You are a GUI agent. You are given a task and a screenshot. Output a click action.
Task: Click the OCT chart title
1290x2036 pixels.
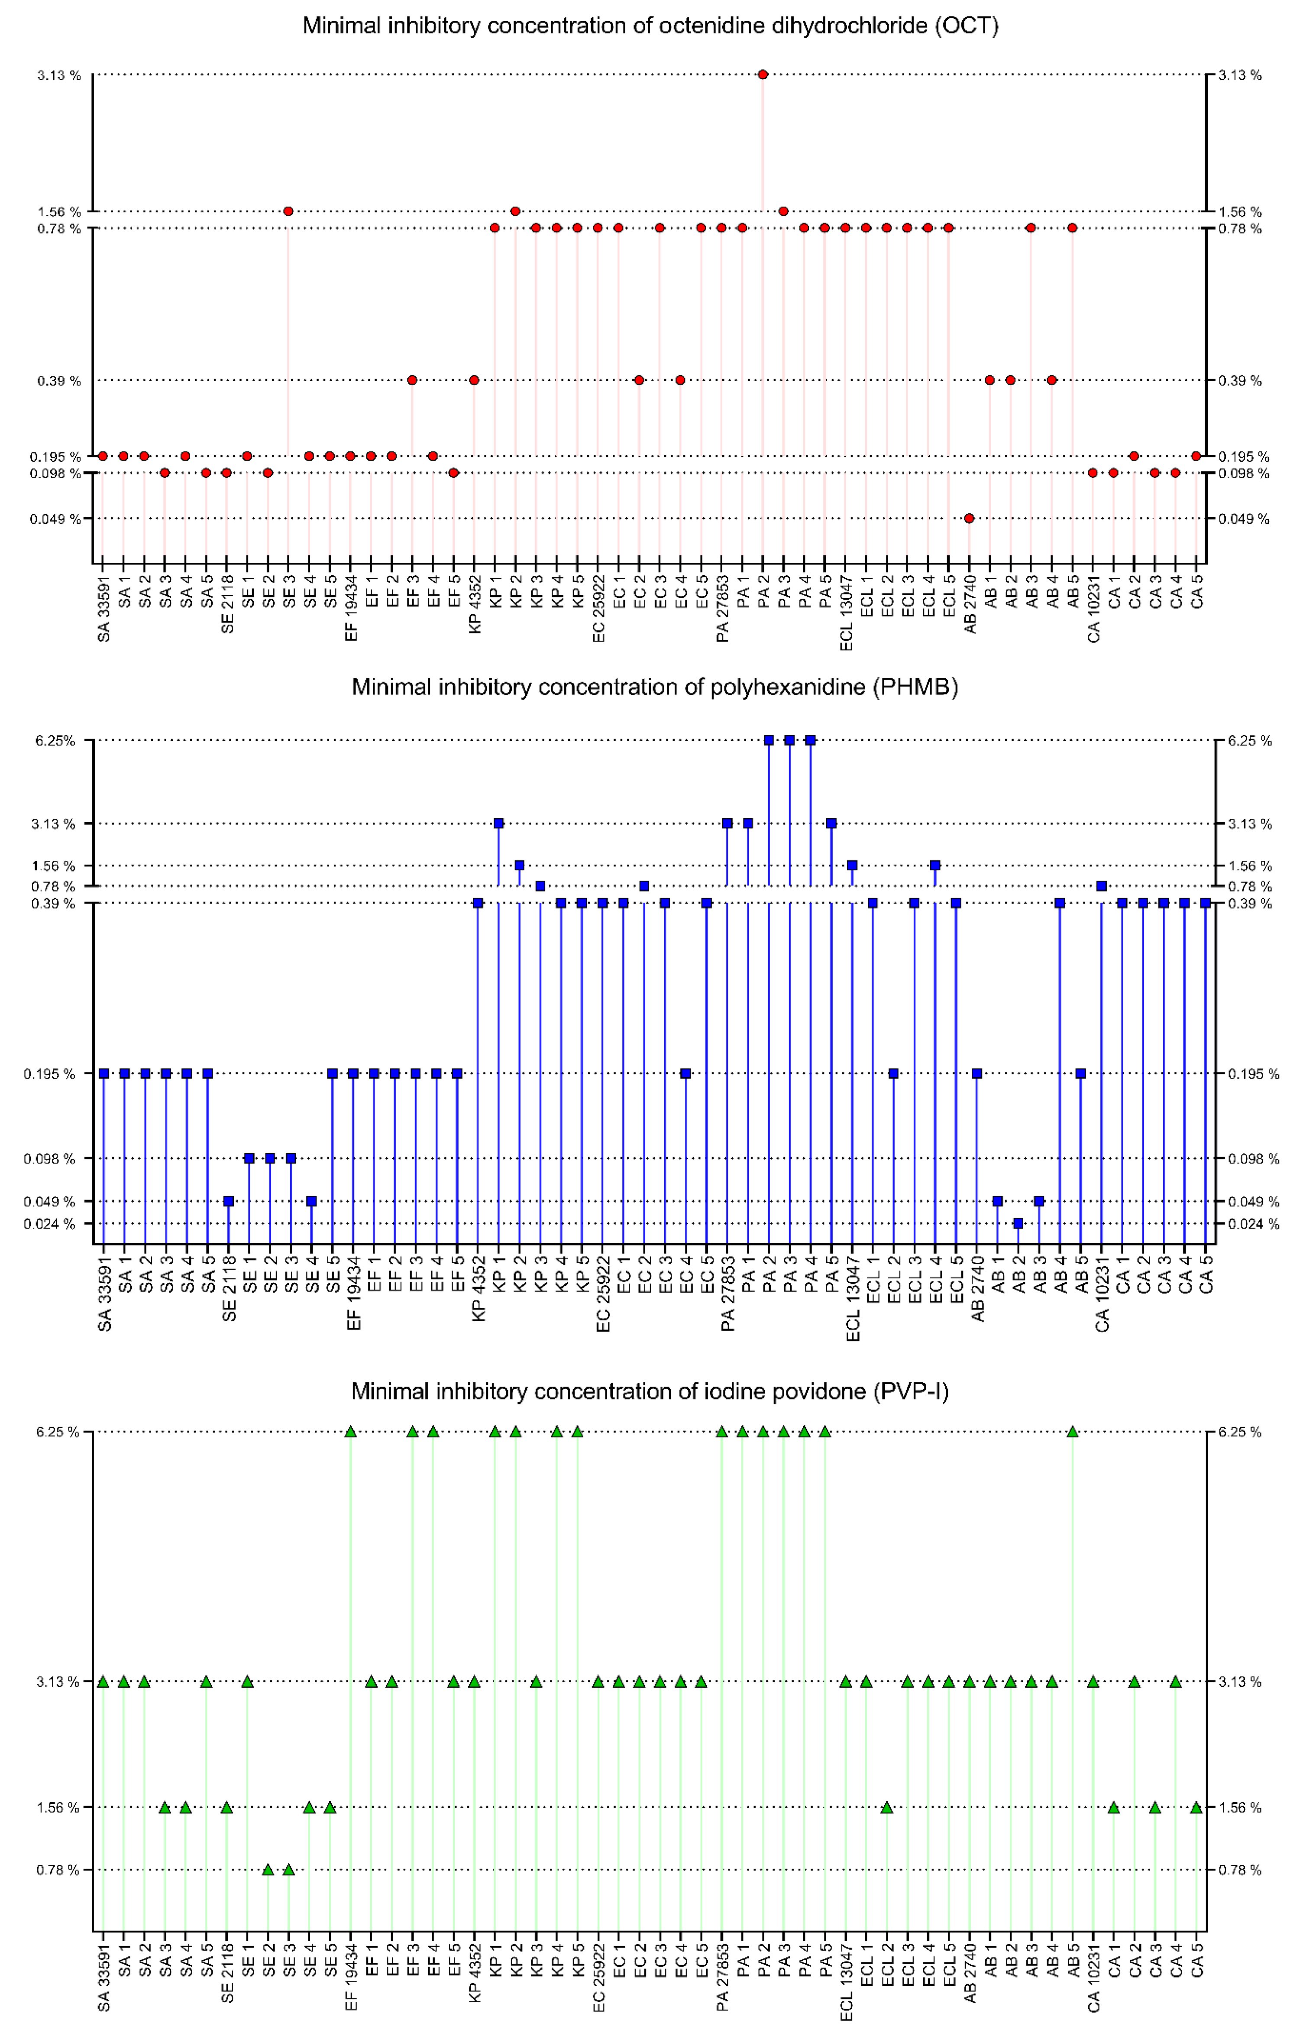pyautogui.click(x=650, y=26)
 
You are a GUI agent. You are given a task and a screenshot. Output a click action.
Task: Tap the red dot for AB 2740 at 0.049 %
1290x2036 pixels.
pyautogui.click(x=969, y=518)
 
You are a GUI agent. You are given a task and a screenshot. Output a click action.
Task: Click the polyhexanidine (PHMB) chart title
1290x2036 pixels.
pyautogui.click(x=654, y=687)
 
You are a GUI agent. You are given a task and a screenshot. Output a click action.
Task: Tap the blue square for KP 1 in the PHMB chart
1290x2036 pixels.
pyautogui.click(x=499, y=823)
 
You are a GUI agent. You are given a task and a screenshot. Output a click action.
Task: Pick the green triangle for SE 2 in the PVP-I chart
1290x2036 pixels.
pyautogui.click(x=268, y=1869)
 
